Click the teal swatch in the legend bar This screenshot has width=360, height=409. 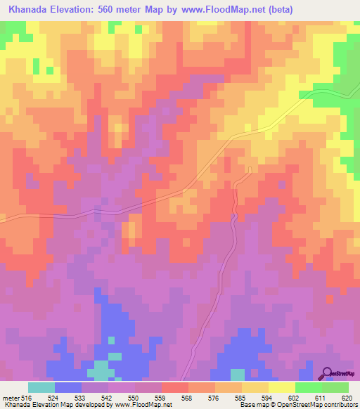pos(41,387)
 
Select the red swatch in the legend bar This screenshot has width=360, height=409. pos(174,387)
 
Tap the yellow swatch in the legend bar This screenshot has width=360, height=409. pos(281,387)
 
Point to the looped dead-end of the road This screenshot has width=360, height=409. pos(250,169)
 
